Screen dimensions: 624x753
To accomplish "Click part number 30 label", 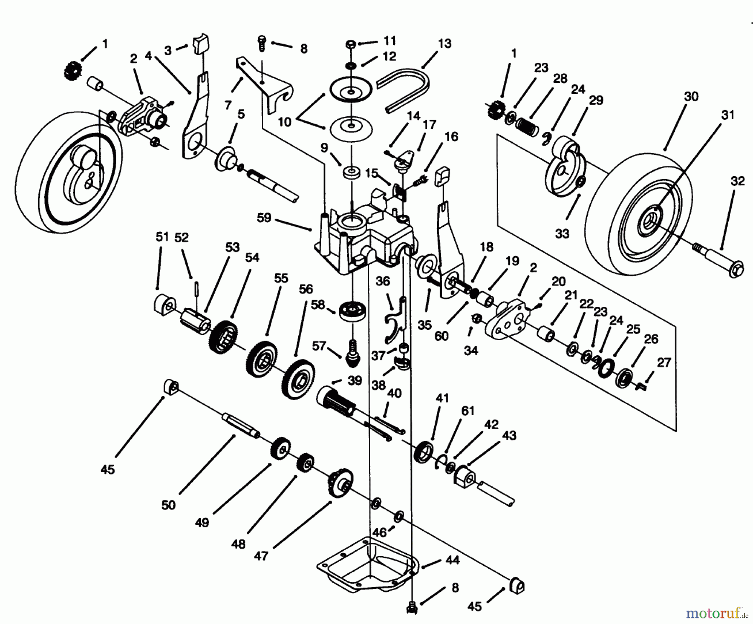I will click(691, 97).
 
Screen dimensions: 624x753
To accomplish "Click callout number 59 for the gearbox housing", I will click(264, 218).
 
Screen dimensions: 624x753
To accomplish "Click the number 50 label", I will click(168, 505).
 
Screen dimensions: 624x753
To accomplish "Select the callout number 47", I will click(261, 557).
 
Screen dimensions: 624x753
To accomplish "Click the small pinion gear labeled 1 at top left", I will click(69, 70).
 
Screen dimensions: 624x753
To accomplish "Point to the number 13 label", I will click(445, 43).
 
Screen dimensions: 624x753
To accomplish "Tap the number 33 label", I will click(562, 234).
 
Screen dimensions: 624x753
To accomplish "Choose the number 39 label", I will click(355, 380).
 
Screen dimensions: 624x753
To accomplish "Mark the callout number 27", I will click(663, 362).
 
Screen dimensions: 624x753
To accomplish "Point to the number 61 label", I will click(468, 411).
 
